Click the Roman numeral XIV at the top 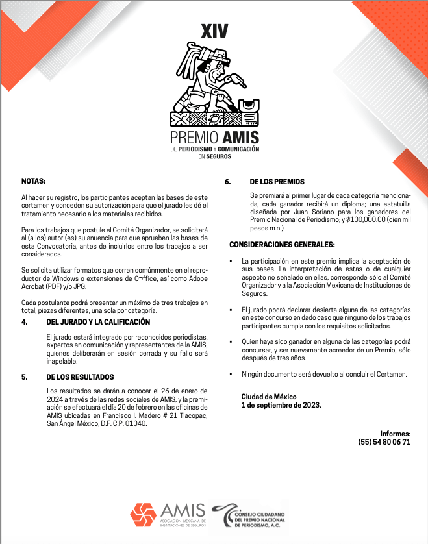[x=214, y=31]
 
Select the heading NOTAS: [x=33, y=181]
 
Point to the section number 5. [x=24, y=377]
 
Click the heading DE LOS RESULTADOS [x=81, y=377]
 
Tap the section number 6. [x=228, y=181]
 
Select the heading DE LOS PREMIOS [x=277, y=181]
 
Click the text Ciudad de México [x=269, y=396]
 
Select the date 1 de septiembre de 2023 [x=281, y=404]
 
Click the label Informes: [x=396, y=433]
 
